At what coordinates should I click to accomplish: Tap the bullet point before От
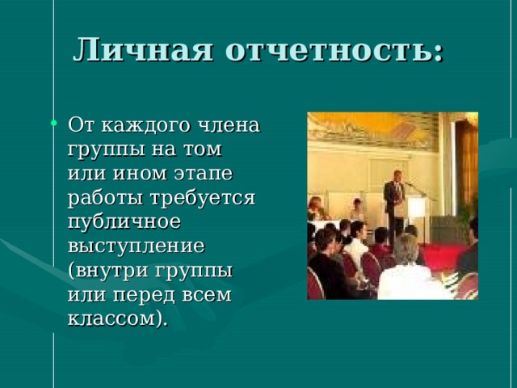coord(54,124)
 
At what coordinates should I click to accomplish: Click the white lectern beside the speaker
coord(417,209)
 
